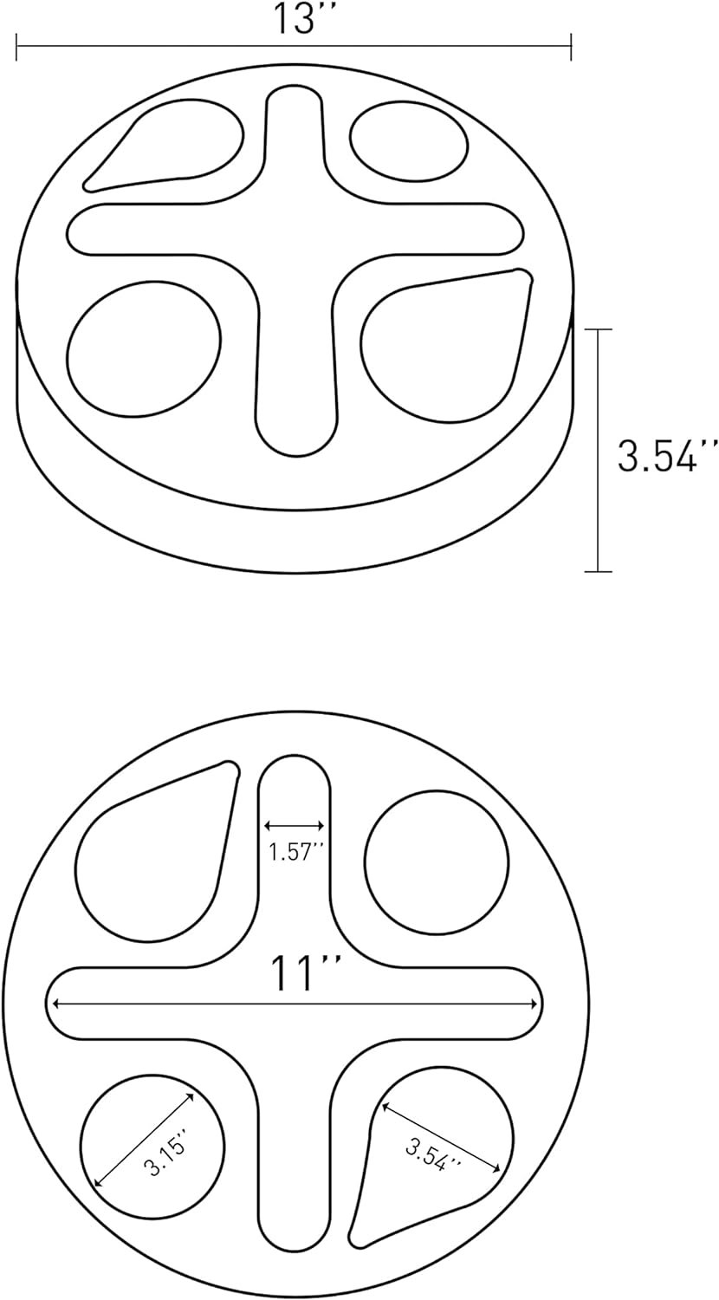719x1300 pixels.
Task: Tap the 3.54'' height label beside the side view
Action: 667,455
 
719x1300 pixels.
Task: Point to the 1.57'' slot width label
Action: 295,852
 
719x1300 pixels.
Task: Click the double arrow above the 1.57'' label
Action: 295,826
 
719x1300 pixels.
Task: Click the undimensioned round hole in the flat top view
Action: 437,862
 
